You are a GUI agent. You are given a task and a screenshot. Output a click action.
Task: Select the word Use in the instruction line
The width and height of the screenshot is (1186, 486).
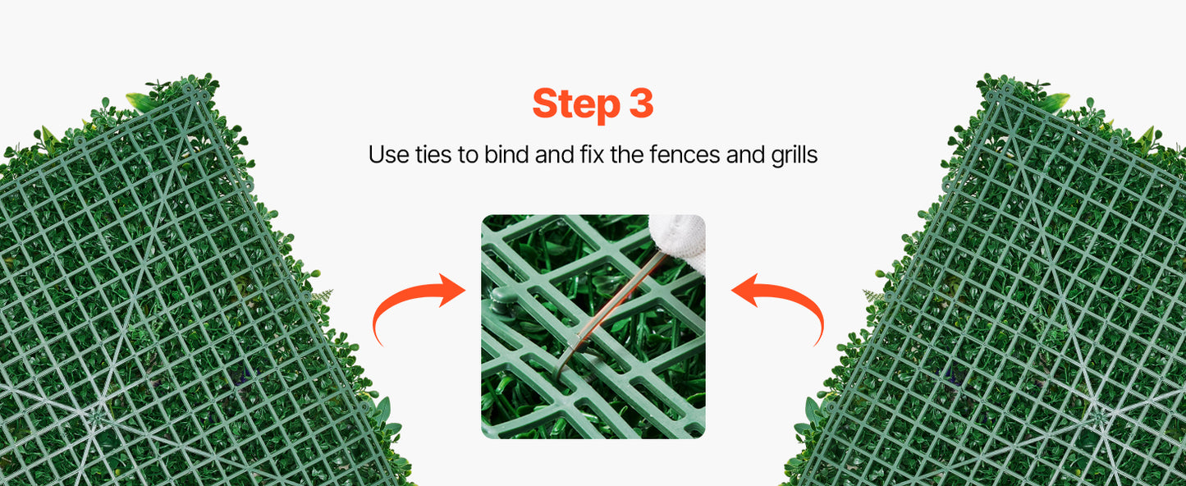pyautogui.click(x=386, y=154)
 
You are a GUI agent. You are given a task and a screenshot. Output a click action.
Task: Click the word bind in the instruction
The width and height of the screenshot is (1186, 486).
pyautogui.click(x=505, y=154)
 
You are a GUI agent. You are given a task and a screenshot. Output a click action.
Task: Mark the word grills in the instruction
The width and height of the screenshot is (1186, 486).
pyautogui.click(x=793, y=154)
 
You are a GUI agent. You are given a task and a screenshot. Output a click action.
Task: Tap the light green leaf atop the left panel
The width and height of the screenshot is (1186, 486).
pyautogui.click(x=140, y=103)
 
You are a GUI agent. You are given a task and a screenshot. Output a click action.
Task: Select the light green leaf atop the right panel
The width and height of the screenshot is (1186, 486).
pyautogui.click(x=1055, y=102)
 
